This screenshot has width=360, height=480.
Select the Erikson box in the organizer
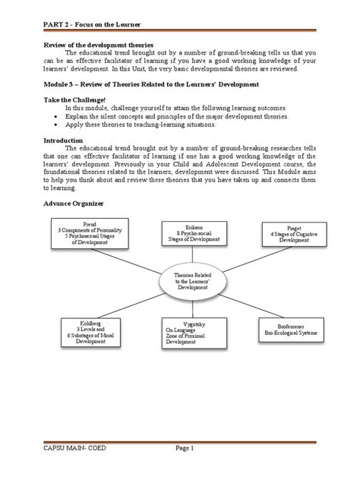pos(189,235)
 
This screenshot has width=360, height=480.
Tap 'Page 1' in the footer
pos(189,470)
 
